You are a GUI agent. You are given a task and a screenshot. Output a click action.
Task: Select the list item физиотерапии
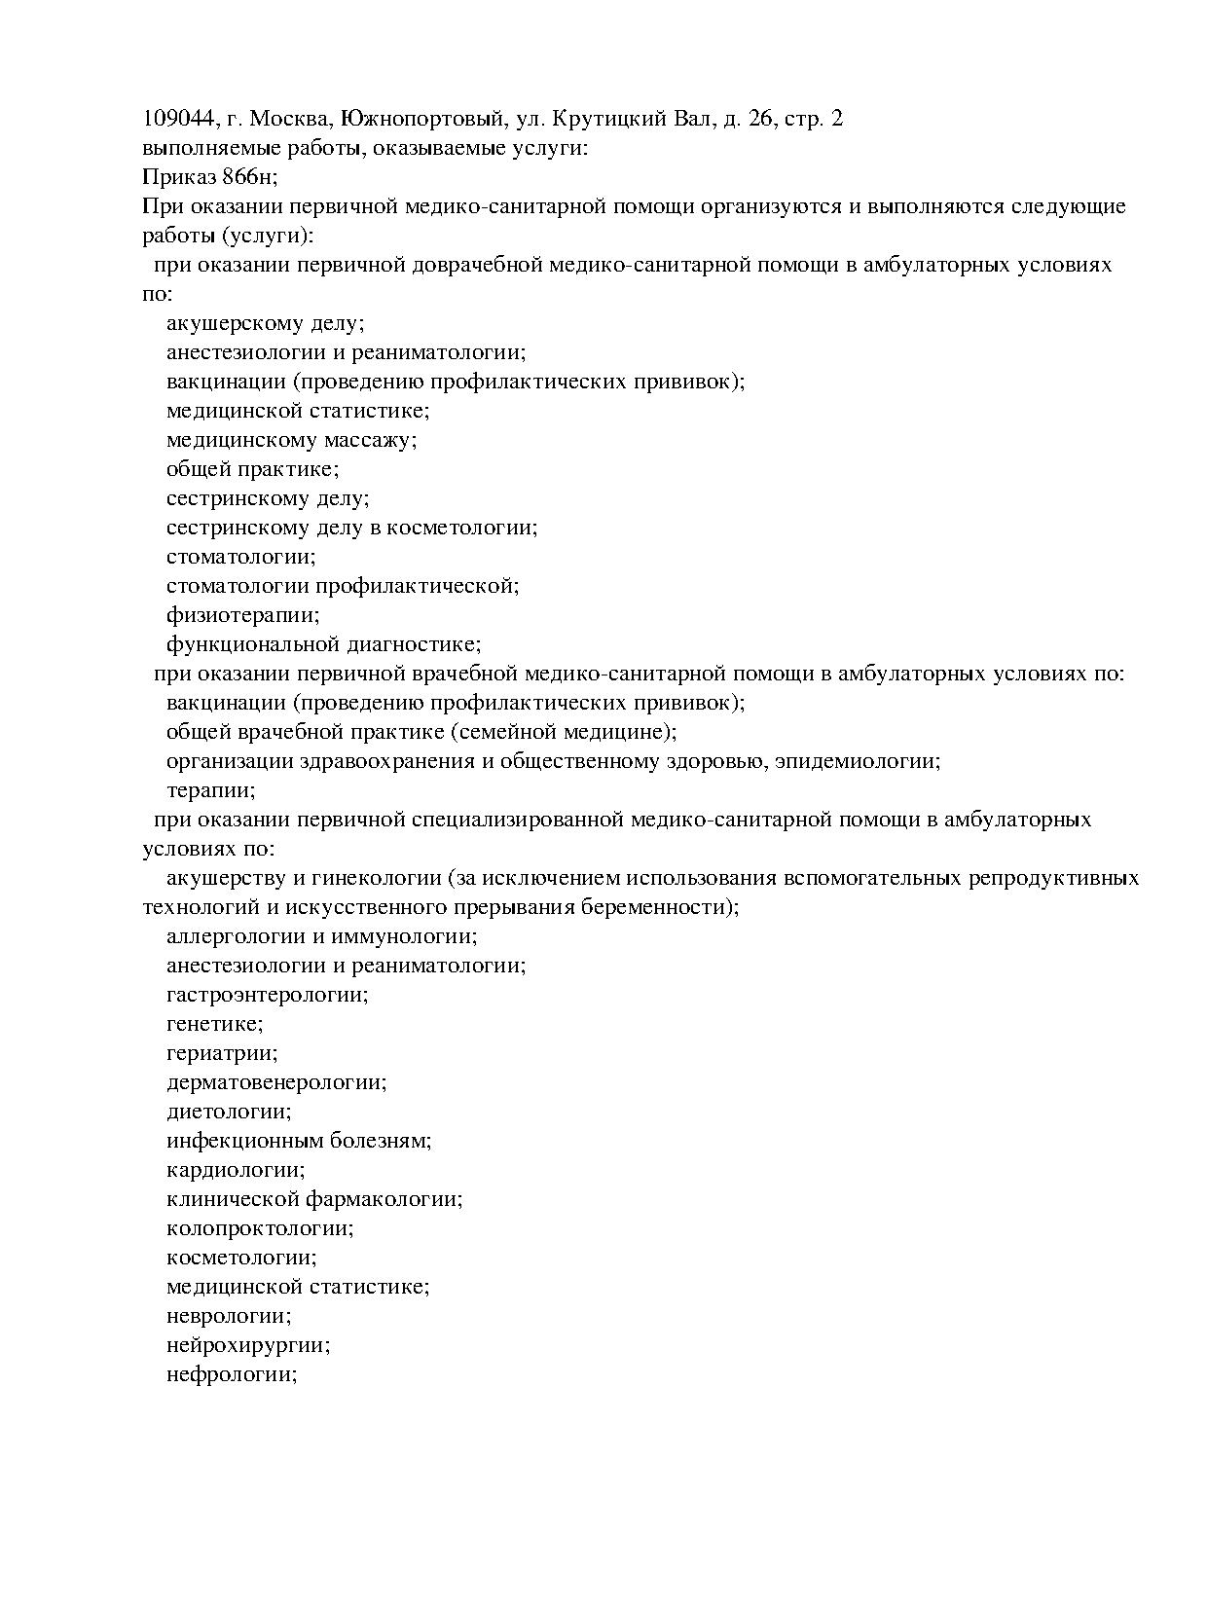point(243,615)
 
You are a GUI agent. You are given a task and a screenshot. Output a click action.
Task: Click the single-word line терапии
point(211,790)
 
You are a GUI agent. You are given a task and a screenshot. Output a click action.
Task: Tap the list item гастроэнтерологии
point(268,995)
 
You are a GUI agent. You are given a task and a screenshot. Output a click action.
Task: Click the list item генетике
point(214,1024)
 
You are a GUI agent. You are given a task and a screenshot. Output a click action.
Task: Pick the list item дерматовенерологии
point(276,1082)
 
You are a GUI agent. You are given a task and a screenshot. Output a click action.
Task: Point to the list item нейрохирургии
point(248,1345)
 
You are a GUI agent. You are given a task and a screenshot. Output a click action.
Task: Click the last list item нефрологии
point(232,1374)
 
